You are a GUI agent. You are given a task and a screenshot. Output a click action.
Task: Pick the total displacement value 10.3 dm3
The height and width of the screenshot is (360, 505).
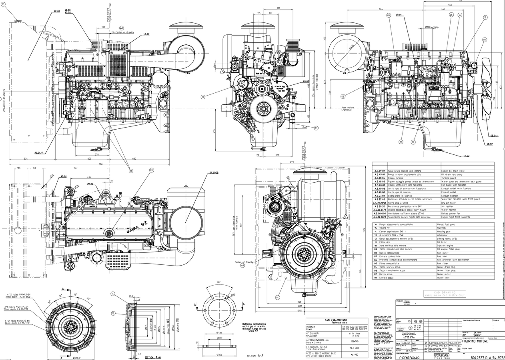353,347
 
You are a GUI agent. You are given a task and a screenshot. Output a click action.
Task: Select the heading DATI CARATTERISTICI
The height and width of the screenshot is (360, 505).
336,321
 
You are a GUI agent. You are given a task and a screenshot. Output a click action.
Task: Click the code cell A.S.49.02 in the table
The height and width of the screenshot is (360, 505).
380,171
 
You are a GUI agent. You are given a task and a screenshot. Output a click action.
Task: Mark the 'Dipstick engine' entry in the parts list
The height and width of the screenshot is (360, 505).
447,246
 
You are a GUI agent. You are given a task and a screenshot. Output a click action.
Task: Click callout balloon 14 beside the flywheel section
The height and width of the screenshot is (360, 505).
113,294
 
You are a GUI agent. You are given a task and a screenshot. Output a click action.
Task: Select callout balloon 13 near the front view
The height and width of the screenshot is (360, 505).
203,96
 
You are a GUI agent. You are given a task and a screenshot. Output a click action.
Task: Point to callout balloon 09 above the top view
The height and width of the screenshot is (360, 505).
152,170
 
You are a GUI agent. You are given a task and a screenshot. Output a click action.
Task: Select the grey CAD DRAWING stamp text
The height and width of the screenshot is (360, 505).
439,292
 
